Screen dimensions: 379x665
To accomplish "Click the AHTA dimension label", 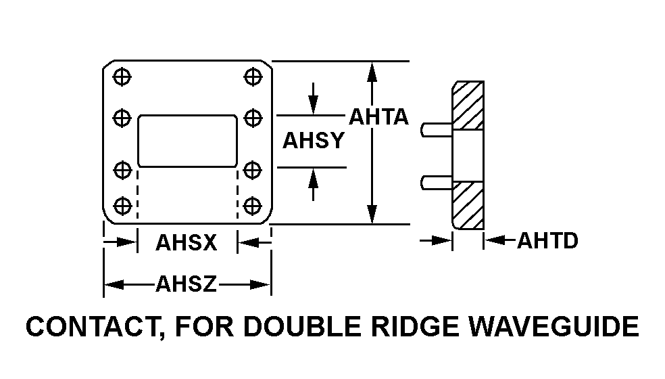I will (x=378, y=116).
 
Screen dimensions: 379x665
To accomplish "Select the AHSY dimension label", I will (x=314, y=141).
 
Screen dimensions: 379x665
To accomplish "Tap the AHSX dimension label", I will (x=187, y=242).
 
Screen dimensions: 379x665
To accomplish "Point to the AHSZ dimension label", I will (x=187, y=284).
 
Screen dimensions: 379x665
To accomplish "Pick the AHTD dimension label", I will (x=547, y=240).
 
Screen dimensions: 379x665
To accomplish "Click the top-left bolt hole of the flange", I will (x=122, y=76).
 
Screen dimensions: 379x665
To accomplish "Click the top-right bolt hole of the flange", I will (x=253, y=76).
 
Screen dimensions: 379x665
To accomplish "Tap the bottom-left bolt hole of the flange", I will (x=122, y=205).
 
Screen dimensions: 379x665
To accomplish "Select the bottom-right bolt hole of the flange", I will (x=253, y=205).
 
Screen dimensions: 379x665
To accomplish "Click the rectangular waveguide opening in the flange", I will (x=187, y=141).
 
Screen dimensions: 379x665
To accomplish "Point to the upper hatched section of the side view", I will (x=468, y=106).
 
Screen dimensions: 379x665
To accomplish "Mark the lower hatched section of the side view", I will (x=468, y=205).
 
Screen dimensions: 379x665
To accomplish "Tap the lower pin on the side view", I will (x=436, y=181).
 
